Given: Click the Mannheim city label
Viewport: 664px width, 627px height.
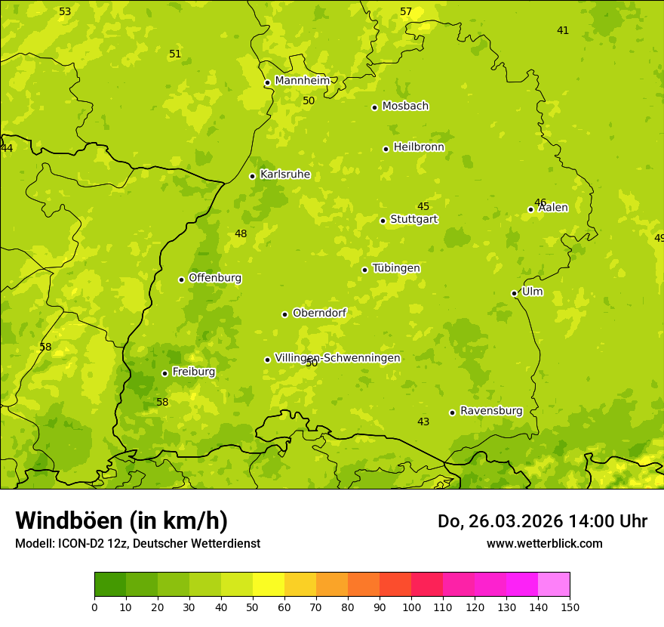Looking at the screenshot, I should click(x=302, y=81).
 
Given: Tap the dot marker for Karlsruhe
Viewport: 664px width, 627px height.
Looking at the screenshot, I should click(x=252, y=176).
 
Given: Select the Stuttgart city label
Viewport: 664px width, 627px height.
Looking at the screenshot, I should click(x=413, y=220).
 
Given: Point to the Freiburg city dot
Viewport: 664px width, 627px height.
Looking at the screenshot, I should click(x=164, y=373).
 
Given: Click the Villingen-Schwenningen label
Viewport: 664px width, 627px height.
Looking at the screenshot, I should click(x=337, y=358).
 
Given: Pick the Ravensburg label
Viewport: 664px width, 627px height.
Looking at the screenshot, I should click(x=491, y=411).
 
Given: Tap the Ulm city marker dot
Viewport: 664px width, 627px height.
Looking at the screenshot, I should click(x=514, y=293).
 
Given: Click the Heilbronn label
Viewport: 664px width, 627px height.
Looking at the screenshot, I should click(x=419, y=147).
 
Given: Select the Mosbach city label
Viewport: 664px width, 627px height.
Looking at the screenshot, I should click(x=405, y=107).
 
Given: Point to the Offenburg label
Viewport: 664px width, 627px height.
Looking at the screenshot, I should click(x=215, y=278).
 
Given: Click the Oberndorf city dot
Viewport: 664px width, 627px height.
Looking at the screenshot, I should click(x=284, y=314).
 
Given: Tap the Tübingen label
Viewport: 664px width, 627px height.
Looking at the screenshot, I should click(x=396, y=268).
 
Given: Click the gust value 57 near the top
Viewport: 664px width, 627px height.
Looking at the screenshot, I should click(x=406, y=11).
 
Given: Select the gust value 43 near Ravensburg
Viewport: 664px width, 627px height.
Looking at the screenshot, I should click(x=423, y=422).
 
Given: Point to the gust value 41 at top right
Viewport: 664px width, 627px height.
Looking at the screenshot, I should click(x=563, y=30).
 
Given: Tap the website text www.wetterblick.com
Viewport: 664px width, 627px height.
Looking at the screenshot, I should click(x=544, y=543).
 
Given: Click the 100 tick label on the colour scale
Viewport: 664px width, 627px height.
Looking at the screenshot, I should click(x=411, y=607).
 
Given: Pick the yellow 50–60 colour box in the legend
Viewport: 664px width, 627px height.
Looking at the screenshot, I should click(x=269, y=585).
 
